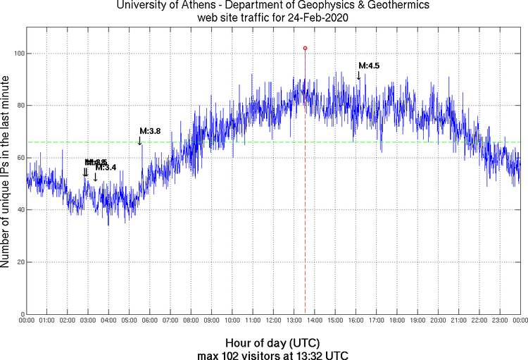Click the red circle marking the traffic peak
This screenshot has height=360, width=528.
(305, 48)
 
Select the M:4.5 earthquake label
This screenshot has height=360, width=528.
(369, 66)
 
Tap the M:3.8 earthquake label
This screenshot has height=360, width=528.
(150, 130)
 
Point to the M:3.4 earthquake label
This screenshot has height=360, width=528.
(106, 168)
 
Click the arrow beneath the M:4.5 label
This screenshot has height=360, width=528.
(359, 75)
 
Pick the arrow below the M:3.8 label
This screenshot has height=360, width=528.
(140, 140)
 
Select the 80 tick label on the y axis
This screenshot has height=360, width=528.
(18, 106)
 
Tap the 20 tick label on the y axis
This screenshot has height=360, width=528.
(18, 262)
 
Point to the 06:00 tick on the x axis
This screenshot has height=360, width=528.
(150, 321)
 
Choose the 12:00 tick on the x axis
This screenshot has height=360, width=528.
(273, 321)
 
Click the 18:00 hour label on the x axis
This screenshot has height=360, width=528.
(397, 321)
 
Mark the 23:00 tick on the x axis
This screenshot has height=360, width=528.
(500, 321)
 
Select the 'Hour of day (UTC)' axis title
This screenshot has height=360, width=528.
(273, 342)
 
